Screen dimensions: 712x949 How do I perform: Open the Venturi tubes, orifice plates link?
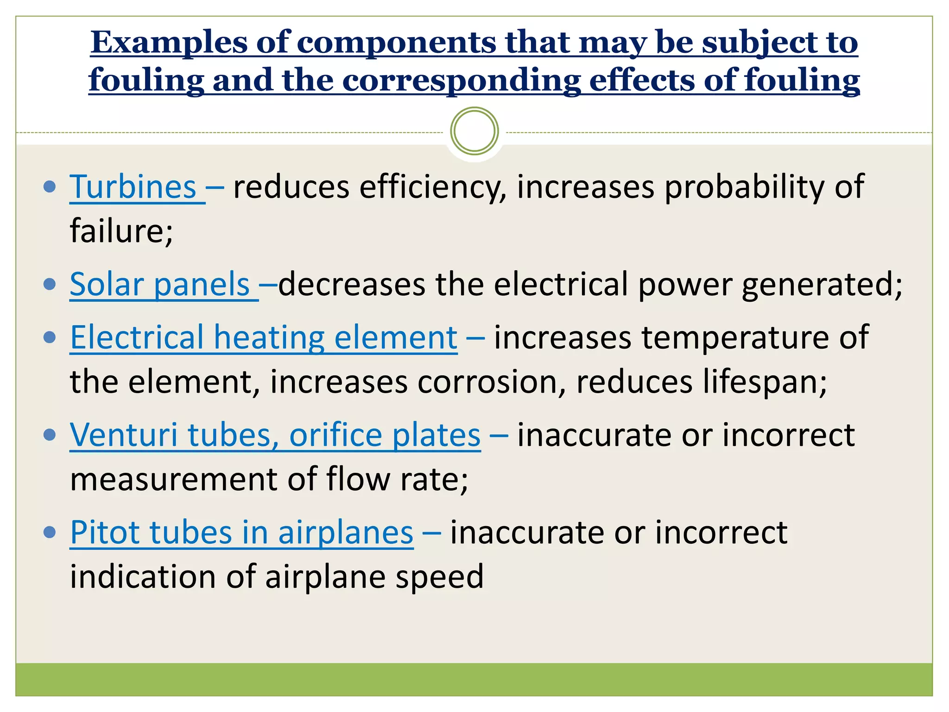point(275,435)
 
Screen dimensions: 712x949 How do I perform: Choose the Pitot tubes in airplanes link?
point(241,533)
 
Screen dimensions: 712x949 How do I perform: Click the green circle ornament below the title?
point(474,131)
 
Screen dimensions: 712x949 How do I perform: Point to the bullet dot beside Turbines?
point(49,187)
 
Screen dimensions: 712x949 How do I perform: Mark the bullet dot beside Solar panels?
point(49,284)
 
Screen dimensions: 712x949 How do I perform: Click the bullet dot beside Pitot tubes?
point(49,532)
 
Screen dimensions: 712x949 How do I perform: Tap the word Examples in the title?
point(169,43)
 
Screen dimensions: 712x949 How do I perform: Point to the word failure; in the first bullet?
point(121,231)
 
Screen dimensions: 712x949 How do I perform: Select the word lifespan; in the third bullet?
point(701,382)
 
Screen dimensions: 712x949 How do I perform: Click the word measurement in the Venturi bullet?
point(173,479)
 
